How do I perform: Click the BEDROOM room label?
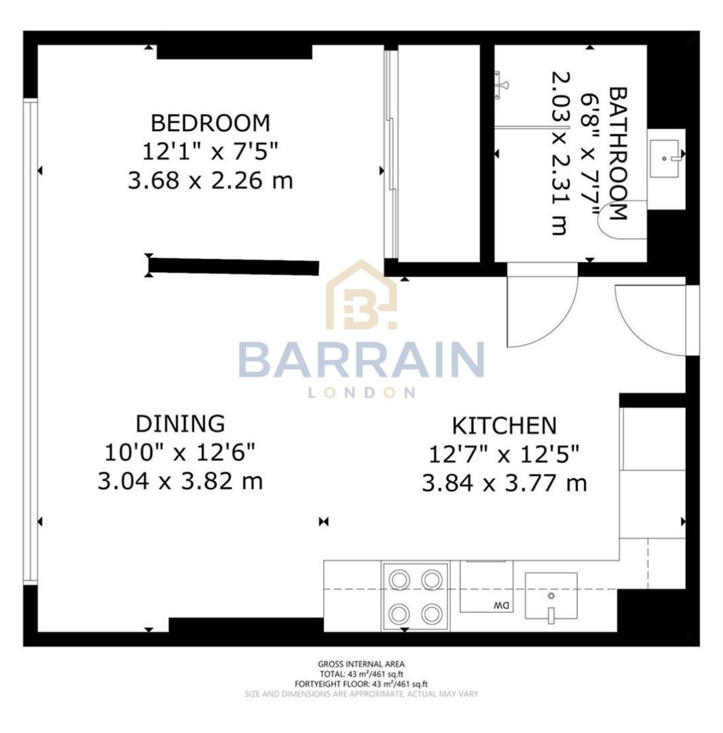coord(210,123)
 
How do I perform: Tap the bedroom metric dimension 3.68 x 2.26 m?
coord(210,181)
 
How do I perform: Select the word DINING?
coord(180,424)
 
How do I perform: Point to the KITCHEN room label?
coord(504,426)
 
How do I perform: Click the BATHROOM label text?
coord(616,153)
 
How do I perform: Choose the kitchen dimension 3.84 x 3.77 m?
coord(504,484)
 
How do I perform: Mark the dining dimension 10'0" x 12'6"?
coord(180,452)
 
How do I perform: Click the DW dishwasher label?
coord(500,604)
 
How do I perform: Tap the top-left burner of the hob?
coord(398,579)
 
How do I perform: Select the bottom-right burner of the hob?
coord(431,614)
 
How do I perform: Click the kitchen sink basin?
coord(551,597)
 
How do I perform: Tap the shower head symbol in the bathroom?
coord(502,83)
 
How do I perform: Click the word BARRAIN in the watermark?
coord(360,360)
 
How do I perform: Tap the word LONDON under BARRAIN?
coord(361,393)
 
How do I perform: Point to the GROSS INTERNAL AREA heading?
coord(361,664)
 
